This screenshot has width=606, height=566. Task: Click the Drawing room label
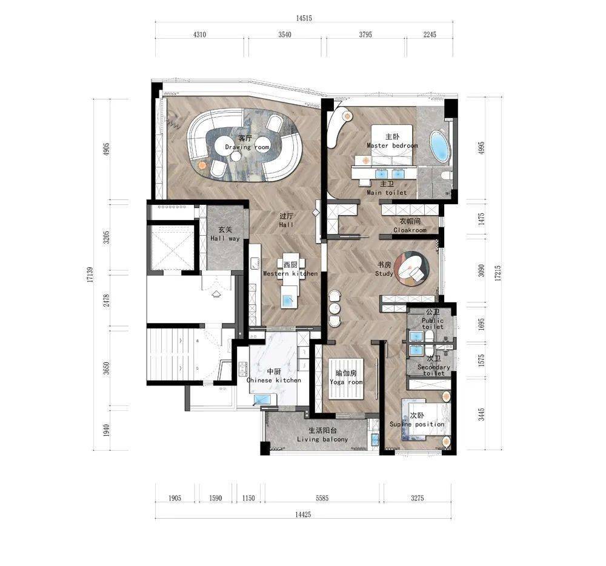pyautogui.click(x=247, y=147)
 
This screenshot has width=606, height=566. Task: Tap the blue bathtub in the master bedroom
pyautogui.click(x=440, y=147)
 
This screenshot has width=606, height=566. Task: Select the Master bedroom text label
pyautogui.click(x=392, y=145)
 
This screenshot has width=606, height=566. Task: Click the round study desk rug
pyautogui.click(x=412, y=268)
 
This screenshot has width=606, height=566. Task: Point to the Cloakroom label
pyautogui.click(x=410, y=230)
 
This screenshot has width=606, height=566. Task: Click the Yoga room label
pyautogui.click(x=346, y=382)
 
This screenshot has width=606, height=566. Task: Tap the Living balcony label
pyautogui.click(x=322, y=439)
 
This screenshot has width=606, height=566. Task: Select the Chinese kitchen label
pyautogui.click(x=274, y=380)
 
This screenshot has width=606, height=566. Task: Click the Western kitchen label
pyautogui.click(x=291, y=273)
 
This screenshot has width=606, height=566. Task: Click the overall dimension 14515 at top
pyautogui.click(x=304, y=18)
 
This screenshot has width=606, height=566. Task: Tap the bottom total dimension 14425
pyautogui.click(x=303, y=514)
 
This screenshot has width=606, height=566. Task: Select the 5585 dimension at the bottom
pyautogui.click(x=322, y=498)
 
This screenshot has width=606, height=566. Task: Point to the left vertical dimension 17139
pyautogui.click(x=90, y=275)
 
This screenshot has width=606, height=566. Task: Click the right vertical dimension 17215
pyautogui.click(x=498, y=273)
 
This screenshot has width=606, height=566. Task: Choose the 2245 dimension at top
pyautogui.click(x=430, y=35)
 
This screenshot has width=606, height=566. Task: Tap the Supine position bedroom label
pyautogui.click(x=417, y=424)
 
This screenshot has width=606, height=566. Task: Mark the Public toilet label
pyautogui.click(x=433, y=324)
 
